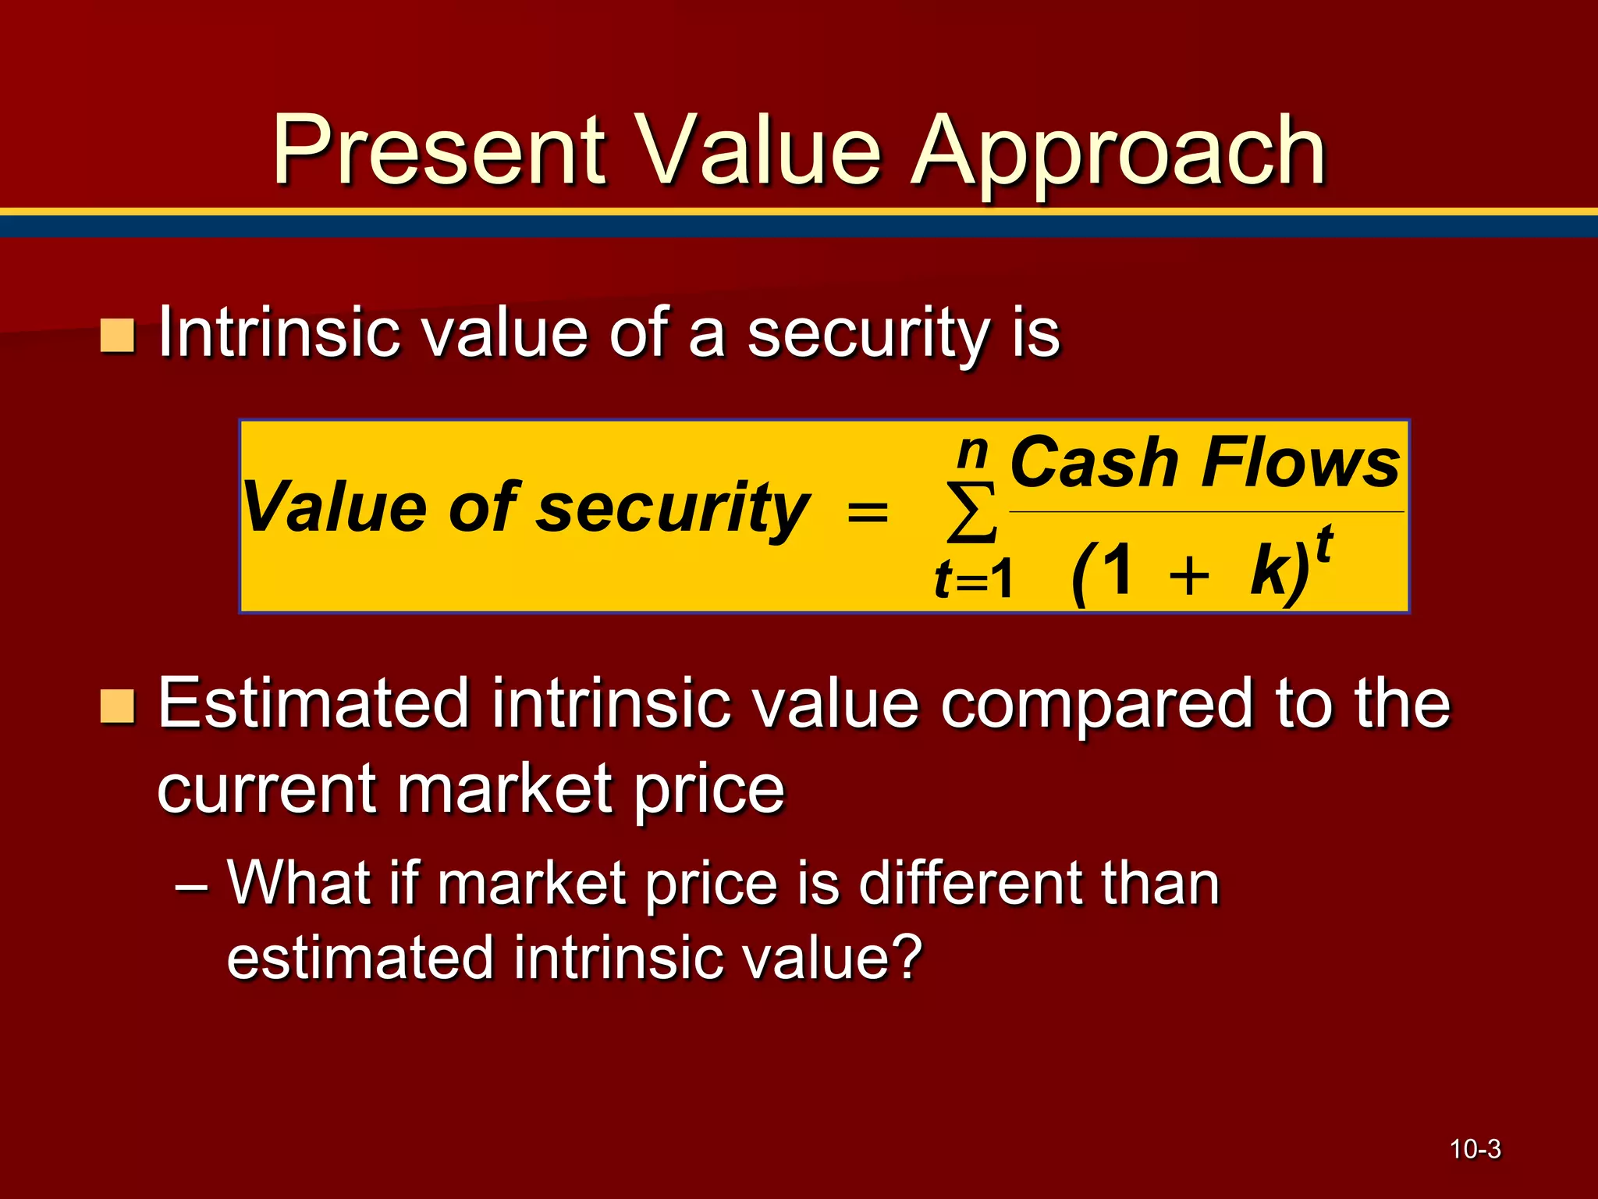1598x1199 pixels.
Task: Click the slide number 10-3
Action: pyautogui.click(x=1475, y=1149)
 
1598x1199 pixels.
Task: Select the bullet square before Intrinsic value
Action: pyautogui.click(x=118, y=336)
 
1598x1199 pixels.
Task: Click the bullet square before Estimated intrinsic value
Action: pyautogui.click(x=118, y=706)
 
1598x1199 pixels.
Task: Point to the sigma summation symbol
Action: pyautogui.click(x=971, y=513)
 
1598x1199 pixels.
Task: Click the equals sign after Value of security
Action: pyautogui.click(x=868, y=513)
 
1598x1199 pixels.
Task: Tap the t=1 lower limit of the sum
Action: pyautogui.click(x=973, y=580)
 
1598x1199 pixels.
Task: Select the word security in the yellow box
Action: pyautogui.click(x=673, y=509)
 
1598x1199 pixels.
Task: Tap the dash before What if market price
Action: pyautogui.click(x=191, y=887)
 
